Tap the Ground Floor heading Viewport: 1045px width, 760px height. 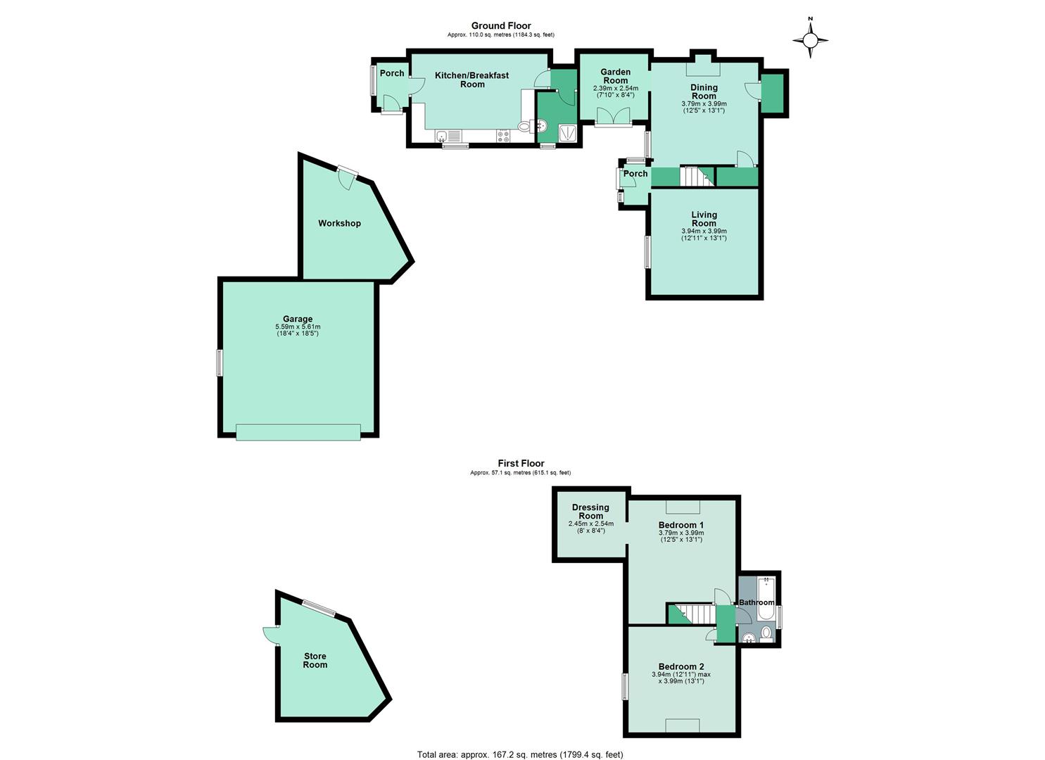[501, 25]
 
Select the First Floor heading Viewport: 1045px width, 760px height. [521, 463]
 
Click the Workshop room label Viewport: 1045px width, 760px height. [339, 223]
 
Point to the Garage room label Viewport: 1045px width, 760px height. [298, 319]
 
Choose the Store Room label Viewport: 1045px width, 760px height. [315, 660]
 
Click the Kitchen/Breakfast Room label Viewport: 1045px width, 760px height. [471, 80]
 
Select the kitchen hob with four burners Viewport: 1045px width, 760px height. [503, 136]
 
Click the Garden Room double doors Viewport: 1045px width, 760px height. [613, 116]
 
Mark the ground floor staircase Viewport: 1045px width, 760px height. [697, 176]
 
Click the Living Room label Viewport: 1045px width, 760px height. [704, 219]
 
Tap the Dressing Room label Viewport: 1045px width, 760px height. [590, 512]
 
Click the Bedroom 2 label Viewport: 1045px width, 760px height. [681, 666]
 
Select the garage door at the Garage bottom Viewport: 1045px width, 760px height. [298, 432]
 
